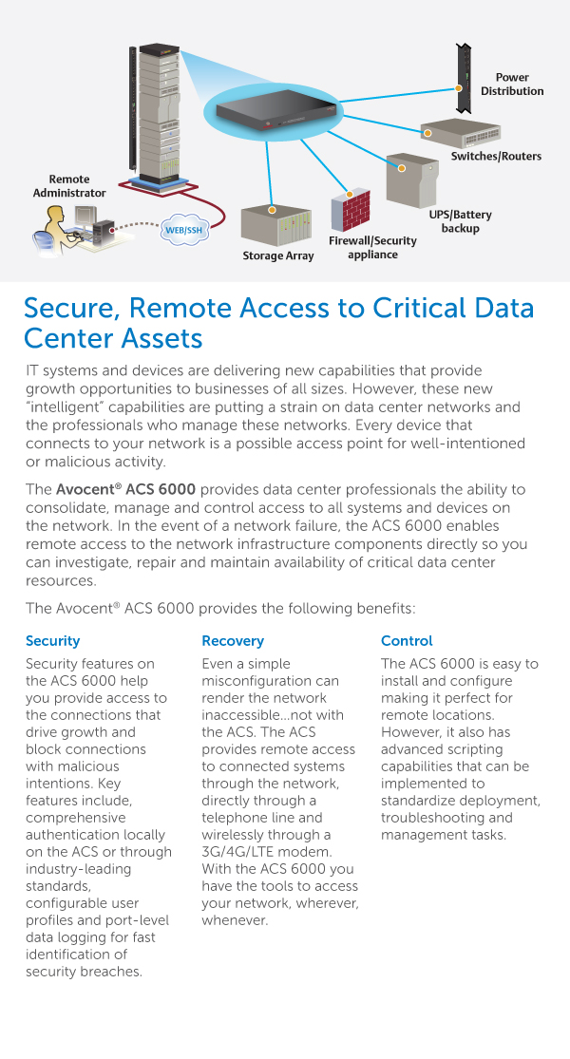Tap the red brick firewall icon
350,209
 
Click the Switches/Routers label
496,156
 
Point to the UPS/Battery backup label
460,221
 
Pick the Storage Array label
277,255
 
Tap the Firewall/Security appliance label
372,247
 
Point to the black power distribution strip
465,77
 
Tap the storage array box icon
275,224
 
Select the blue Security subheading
53,641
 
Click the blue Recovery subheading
233,641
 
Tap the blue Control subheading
407,641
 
